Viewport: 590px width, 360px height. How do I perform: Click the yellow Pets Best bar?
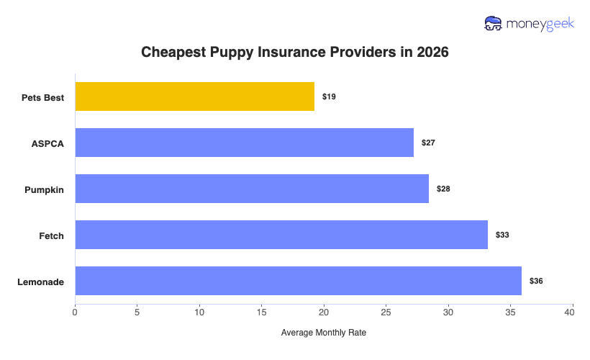194,96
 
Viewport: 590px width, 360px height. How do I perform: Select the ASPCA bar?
244,143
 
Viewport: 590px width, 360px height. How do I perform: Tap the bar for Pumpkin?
252,189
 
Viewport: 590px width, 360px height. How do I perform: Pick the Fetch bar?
281,235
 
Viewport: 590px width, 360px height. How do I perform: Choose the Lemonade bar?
298,281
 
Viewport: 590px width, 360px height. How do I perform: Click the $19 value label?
329,96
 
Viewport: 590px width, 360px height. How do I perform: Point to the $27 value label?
428,143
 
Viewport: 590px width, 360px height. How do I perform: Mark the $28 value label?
443,189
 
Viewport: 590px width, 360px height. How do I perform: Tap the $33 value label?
502,235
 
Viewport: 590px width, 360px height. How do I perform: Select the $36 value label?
536,281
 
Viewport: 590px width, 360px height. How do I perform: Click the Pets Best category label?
42,96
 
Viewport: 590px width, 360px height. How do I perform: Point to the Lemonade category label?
40,281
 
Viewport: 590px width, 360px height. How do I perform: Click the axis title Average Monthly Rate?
324,333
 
